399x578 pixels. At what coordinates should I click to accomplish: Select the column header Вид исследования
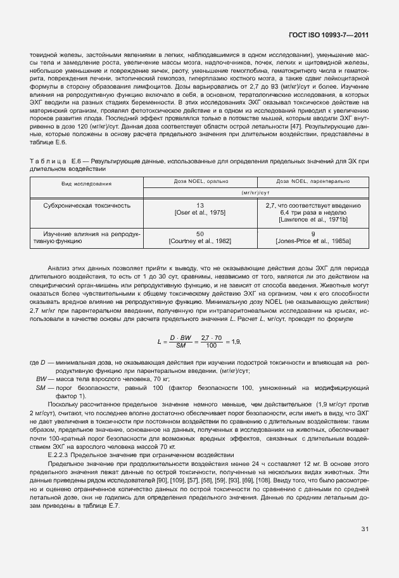(x=87, y=184)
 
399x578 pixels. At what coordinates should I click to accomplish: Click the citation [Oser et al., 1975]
(x=200, y=212)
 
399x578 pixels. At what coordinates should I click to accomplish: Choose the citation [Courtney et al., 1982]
(x=200, y=241)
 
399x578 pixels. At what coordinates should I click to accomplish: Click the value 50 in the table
(x=200, y=234)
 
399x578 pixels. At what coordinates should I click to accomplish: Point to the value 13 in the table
(x=200, y=205)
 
